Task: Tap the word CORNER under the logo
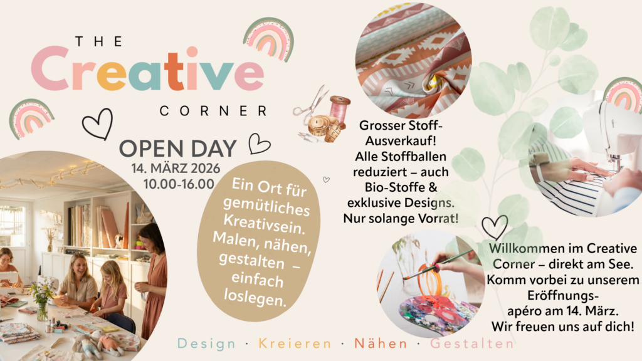coord(213,111)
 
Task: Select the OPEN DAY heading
coord(178,149)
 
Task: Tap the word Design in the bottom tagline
coord(207,343)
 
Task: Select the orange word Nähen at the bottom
coord(381,343)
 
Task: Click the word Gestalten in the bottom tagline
coord(471,343)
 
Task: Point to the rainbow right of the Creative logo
coord(268,39)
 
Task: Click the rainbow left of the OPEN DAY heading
coord(31,117)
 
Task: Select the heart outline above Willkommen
coord(495,227)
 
